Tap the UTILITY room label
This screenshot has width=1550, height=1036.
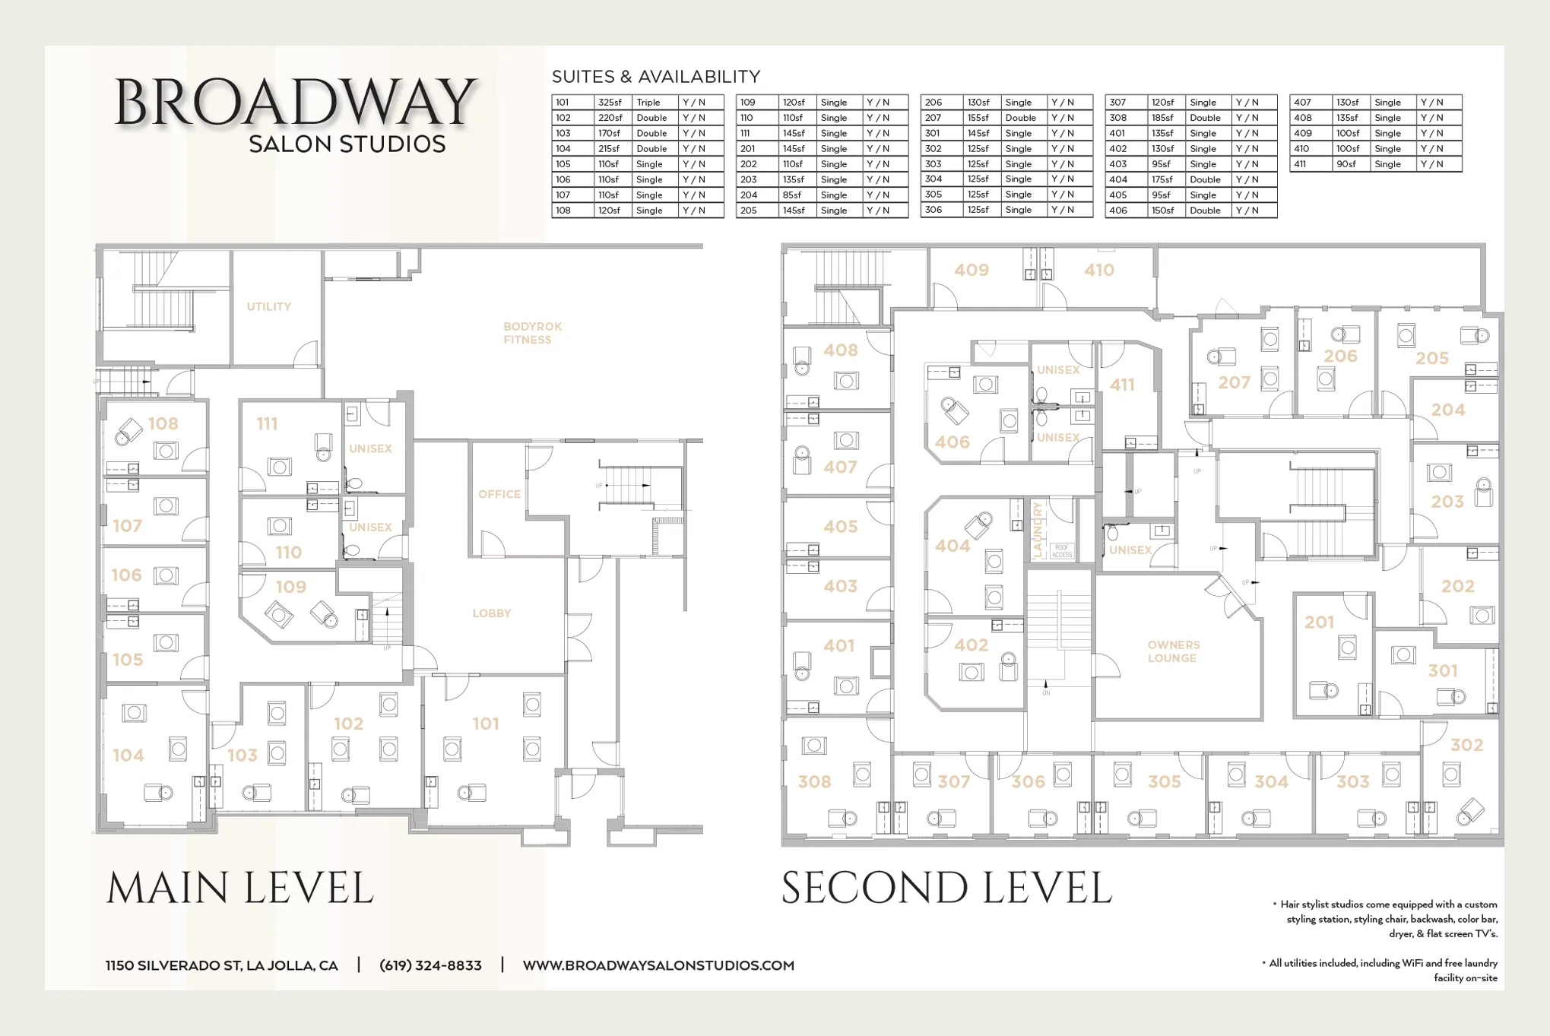268,306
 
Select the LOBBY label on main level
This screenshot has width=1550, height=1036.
491,613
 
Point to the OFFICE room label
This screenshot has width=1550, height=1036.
499,494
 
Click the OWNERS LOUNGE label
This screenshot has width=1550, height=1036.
1173,651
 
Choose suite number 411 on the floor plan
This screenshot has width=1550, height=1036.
1122,385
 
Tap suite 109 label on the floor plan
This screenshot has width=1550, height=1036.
290,587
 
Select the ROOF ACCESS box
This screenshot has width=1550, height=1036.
1062,551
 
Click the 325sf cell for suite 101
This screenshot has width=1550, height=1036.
610,103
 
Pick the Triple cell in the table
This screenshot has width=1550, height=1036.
648,103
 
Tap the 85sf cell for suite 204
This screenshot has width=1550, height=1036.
792,195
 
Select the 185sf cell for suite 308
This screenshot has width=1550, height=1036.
1162,118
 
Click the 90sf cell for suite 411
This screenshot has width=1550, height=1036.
1346,164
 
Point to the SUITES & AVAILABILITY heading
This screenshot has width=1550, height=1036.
655,77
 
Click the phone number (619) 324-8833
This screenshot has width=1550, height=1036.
430,965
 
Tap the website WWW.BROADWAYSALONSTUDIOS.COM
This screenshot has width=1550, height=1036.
658,965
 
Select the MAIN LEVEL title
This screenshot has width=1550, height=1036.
240,888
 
